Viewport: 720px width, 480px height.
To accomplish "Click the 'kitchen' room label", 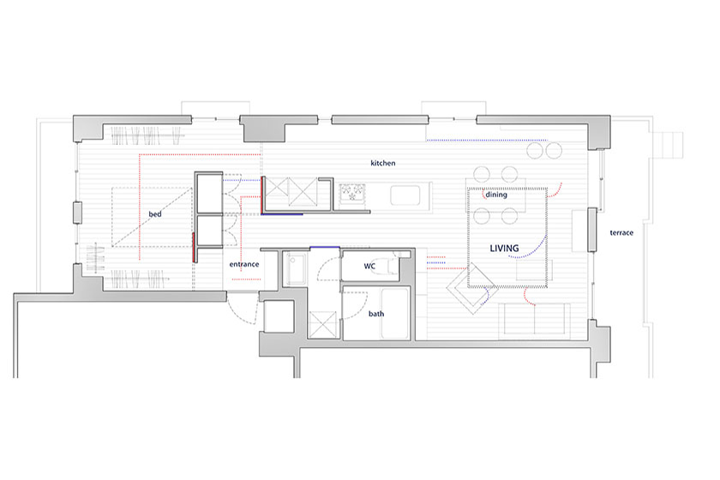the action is click(x=382, y=163).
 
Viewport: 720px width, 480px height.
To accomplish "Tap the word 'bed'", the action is click(x=155, y=214).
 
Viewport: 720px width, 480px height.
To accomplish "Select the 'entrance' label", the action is click(x=243, y=264).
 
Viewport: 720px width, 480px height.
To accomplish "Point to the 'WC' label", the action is click(x=369, y=266).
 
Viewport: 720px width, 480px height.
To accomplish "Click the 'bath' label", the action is click(x=376, y=314).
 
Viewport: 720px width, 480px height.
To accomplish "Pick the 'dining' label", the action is click(x=496, y=195).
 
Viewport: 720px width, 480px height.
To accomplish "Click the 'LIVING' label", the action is click(x=504, y=249).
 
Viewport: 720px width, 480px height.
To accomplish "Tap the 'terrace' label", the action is click(x=621, y=233).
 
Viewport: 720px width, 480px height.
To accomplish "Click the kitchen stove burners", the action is click(x=352, y=192).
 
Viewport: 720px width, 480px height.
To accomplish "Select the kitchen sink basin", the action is click(x=405, y=195).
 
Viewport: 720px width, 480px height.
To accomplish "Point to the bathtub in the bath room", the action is click(x=395, y=313).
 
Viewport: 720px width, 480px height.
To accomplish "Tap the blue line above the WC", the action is click(x=325, y=248).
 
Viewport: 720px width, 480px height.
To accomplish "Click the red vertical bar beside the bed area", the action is click(x=194, y=247).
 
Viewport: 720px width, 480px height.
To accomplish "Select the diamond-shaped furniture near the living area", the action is click(x=471, y=289).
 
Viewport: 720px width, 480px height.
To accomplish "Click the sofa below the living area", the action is click(x=535, y=318).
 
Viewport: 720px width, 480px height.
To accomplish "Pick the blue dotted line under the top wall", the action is click(x=487, y=140).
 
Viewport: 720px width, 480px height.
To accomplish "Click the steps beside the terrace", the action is click(x=671, y=146).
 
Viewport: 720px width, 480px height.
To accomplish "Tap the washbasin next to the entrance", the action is click(x=294, y=269).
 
